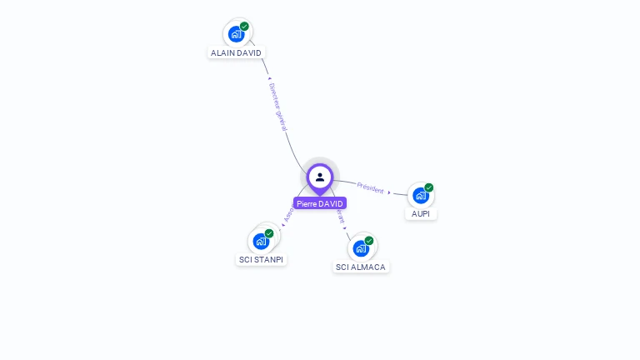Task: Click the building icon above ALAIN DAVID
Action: [236, 34]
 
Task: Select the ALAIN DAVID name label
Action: [236, 52]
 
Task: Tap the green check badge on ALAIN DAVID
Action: [244, 27]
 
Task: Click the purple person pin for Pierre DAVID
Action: [320, 177]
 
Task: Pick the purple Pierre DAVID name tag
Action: [319, 203]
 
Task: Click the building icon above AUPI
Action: [420, 196]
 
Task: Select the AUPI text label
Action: [421, 213]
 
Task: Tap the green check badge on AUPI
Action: [429, 187]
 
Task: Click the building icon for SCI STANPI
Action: [261, 242]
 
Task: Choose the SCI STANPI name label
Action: [261, 259]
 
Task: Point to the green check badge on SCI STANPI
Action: [269, 233]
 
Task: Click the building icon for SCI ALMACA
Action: [361, 248]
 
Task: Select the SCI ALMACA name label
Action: [362, 267]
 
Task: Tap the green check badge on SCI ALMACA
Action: [369, 241]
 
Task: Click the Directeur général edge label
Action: [278, 107]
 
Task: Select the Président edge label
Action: [370, 187]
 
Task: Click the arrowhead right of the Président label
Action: [389, 192]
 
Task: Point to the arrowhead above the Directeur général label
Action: [269, 79]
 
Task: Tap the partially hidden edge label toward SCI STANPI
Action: [288, 215]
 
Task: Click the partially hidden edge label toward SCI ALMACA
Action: [341, 217]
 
